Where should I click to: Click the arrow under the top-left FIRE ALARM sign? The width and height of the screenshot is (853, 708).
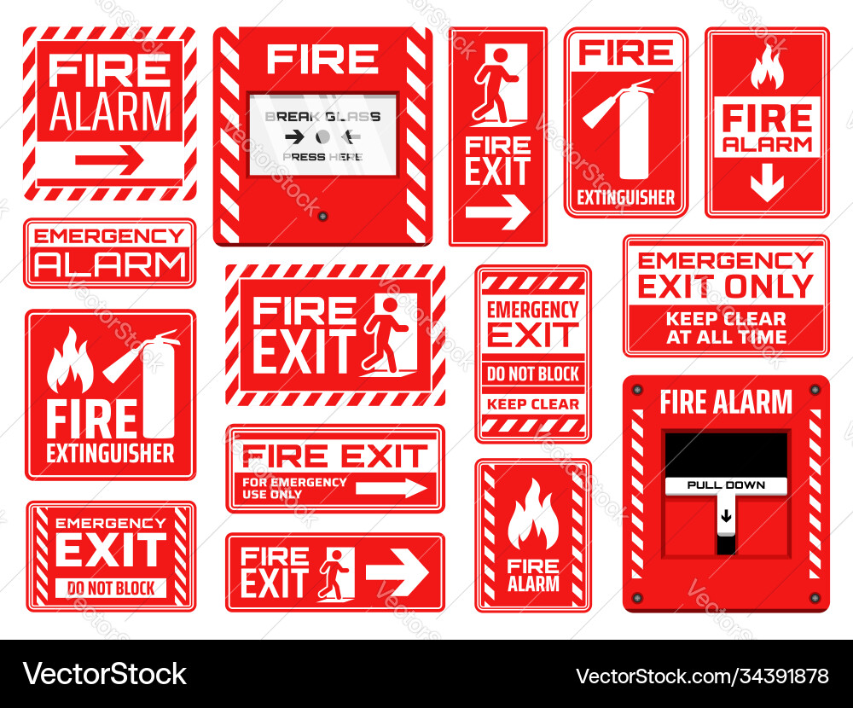pos(109,160)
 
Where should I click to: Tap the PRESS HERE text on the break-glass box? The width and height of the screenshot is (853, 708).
pos(322,157)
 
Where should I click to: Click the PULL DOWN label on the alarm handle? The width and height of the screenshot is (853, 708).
pos(726,485)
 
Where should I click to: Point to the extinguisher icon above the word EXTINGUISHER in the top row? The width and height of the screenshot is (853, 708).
pos(626,129)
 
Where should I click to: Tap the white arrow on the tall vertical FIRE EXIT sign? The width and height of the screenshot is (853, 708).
pos(498,212)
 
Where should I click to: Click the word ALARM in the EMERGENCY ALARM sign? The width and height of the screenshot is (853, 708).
pos(109,265)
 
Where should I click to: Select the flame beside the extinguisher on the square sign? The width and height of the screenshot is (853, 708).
pos(70,363)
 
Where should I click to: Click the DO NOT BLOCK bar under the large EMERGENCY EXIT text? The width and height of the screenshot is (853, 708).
pos(111,588)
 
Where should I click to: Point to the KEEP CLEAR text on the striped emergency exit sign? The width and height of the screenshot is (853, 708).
pos(533,404)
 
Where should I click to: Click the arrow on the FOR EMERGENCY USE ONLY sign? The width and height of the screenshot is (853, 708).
pos(391,487)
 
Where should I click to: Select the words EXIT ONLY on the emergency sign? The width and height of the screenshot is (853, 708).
pos(726,287)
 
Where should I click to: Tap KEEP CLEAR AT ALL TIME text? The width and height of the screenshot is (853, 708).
pos(726,328)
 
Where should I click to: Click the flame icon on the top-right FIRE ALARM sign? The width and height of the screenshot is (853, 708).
pos(767,67)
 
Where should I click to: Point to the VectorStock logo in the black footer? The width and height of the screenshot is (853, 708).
pos(104,674)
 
